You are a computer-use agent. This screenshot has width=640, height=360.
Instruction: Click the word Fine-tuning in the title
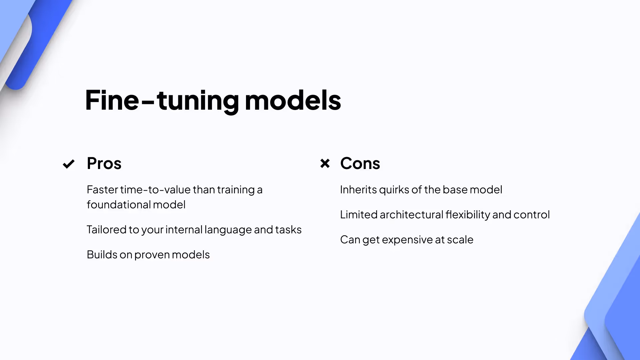click(162, 100)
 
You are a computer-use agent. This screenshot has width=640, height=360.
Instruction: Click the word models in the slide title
click(293, 100)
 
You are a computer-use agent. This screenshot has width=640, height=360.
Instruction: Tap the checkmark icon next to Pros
click(69, 164)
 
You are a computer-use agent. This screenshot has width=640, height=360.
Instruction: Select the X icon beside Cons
click(325, 163)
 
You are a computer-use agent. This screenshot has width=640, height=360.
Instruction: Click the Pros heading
click(104, 163)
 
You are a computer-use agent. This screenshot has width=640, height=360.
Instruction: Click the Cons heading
click(360, 163)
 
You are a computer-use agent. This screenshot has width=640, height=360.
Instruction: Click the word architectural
click(411, 215)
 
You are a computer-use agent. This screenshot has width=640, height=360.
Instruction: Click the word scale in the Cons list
click(460, 240)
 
